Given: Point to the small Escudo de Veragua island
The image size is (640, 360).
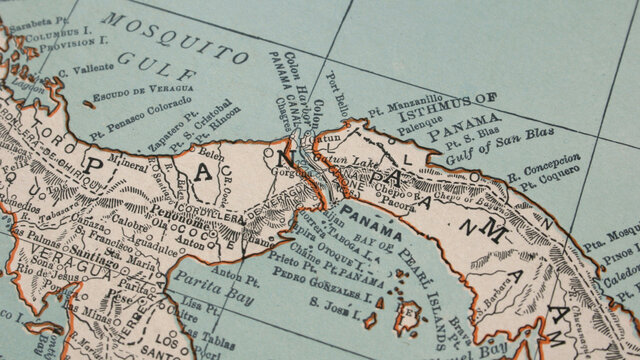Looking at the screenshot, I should (x=89, y=103).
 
